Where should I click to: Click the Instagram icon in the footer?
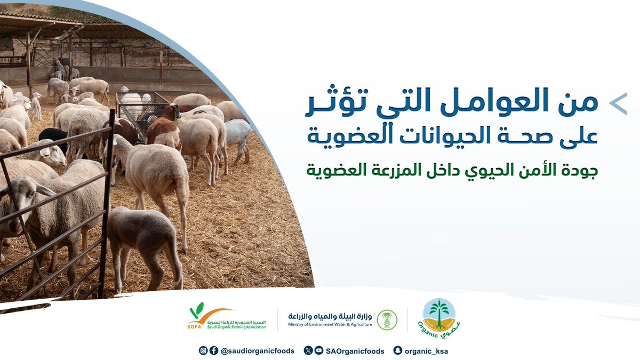[203, 350]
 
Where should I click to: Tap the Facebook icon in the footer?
[213, 350]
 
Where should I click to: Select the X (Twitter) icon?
[308, 350]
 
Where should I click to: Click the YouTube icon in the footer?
[318, 350]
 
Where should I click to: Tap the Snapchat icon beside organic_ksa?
[397, 350]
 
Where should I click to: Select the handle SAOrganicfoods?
[355, 351]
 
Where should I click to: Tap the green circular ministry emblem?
[387, 319]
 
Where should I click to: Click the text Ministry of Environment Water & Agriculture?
[330, 324]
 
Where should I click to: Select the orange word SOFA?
[195, 326]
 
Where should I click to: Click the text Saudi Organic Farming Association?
[236, 326]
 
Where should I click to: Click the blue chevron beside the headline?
[619, 104]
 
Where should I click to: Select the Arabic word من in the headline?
[583, 103]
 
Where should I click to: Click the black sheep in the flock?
[53, 137]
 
